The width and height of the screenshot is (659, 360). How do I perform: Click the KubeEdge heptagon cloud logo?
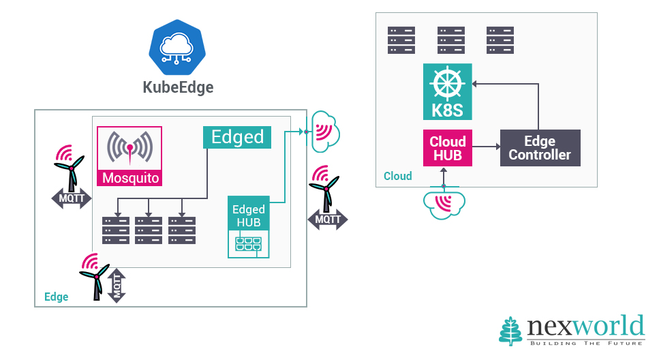tap(177, 47)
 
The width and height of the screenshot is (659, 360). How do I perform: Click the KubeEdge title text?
tap(178, 87)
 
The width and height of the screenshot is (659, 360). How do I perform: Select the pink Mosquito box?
tap(130, 157)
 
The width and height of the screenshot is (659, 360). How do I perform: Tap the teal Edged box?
tap(237, 137)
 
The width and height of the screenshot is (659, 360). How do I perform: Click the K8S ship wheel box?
tap(448, 92)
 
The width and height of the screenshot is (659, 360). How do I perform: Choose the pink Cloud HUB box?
tap(448, 148)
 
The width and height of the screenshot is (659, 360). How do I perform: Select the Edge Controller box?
tap(540, 148)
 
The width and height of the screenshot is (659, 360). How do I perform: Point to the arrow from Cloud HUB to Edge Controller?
tap(486, 147)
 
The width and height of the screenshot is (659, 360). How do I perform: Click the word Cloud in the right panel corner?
tap(398, 176)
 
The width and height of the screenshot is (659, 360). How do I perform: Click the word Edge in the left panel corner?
tap(56, 297)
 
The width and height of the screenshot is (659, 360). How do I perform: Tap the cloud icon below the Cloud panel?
tap(444, 204)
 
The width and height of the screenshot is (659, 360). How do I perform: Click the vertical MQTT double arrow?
tap(117, 285)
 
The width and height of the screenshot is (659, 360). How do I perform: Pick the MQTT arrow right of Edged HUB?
tap(327, 220)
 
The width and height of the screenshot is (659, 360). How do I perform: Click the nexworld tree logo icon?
tap(511, 331)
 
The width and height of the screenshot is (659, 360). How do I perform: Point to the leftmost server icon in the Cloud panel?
tap(401, 40)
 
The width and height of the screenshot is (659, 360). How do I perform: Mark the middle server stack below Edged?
tap(149, 230)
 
